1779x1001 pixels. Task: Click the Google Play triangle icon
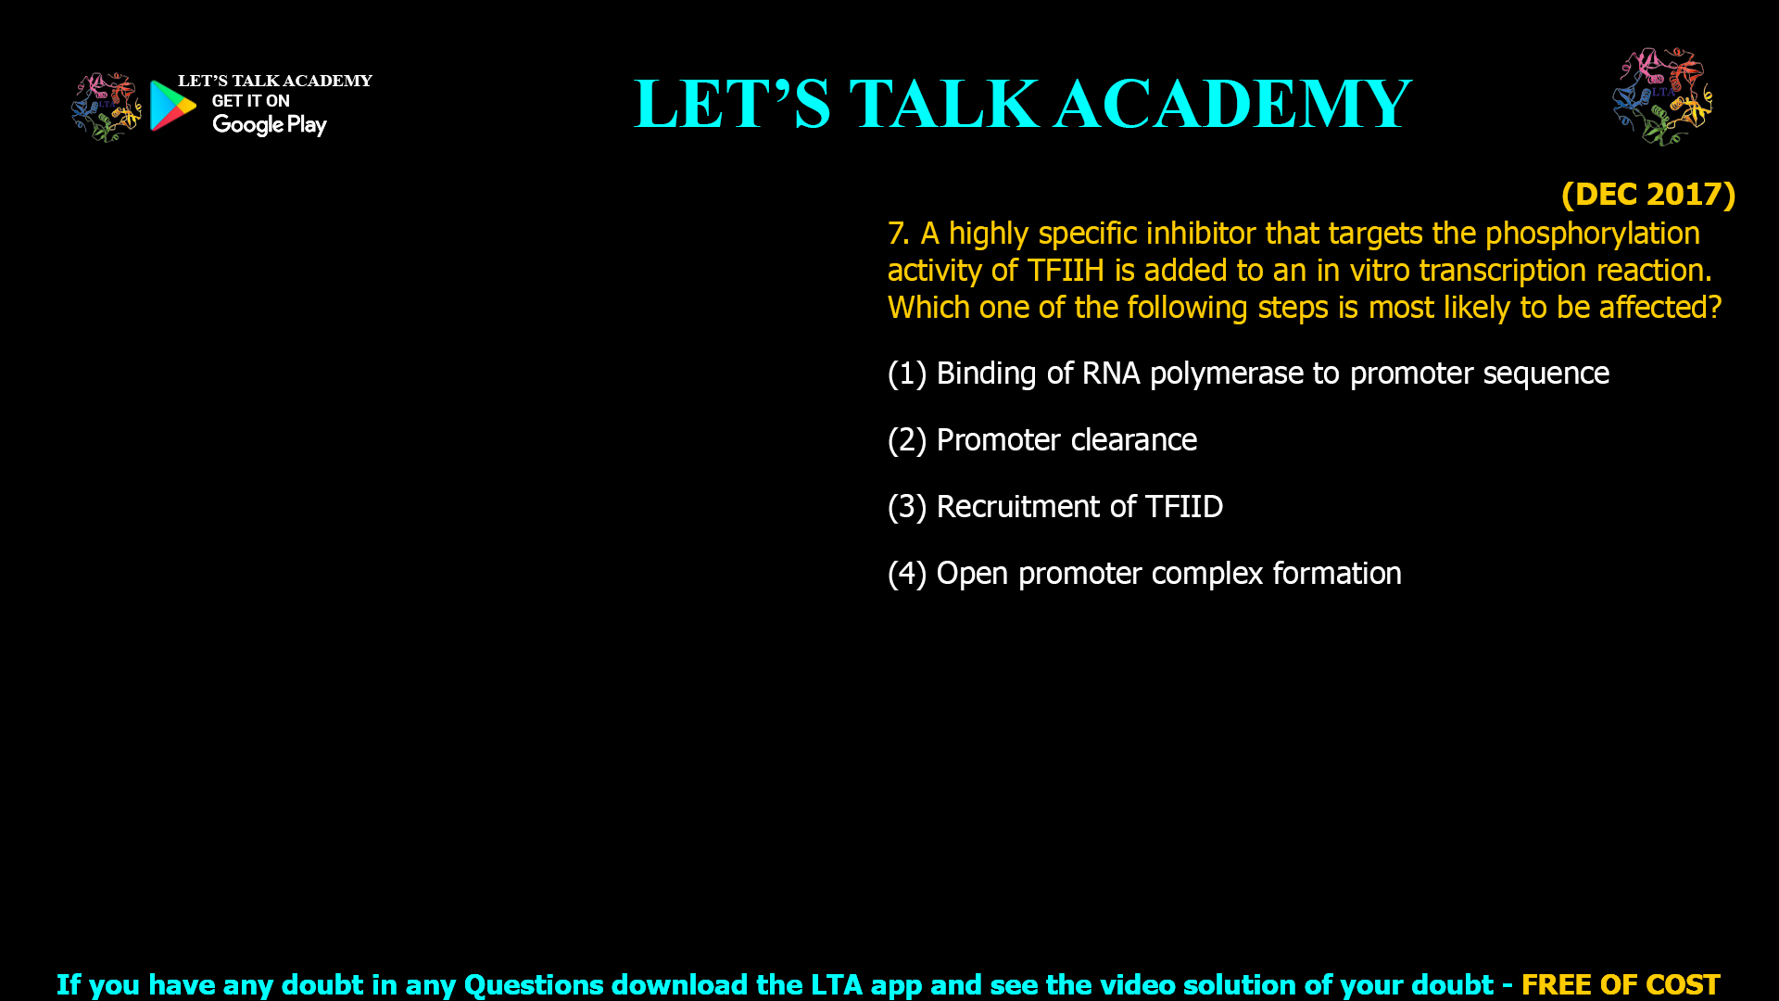(172, 105)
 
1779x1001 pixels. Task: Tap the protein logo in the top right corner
(1662, 96)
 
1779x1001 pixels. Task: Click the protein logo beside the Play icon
(107, 107)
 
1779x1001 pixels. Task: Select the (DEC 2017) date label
(1648, 194)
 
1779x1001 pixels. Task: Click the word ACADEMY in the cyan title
(1233, 104)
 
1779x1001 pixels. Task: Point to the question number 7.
(898, 234)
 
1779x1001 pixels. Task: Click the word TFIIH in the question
(1066, 271)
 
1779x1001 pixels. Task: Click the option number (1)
(907, 374)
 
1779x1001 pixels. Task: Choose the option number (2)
(907, 440)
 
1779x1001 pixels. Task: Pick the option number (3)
(907, 507)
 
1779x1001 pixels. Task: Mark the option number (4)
(907, 574)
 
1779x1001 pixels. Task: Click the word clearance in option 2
(1133, 440)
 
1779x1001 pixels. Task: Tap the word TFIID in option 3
(1184, 507)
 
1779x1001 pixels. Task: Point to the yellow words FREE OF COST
(1621, 984)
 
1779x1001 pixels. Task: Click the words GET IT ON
(251, 101)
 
